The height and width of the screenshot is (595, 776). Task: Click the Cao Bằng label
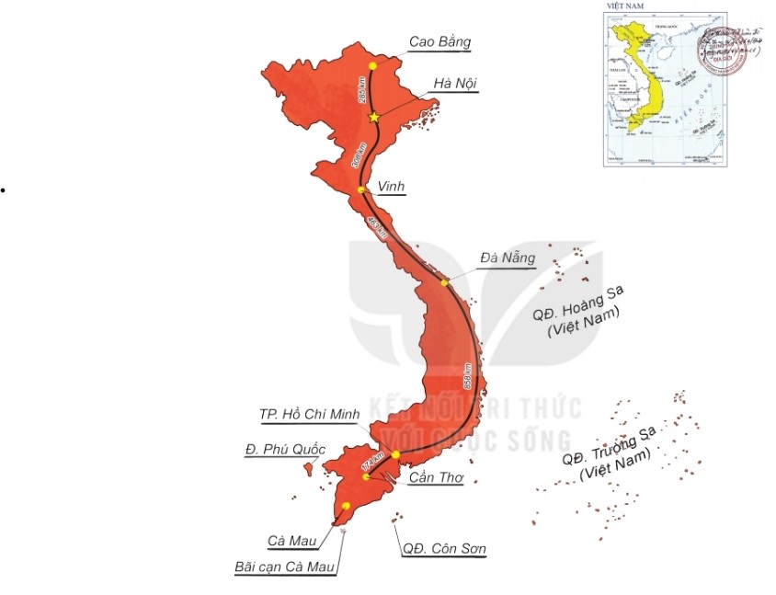click(439, 42)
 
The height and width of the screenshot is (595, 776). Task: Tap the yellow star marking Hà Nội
click(373, 118)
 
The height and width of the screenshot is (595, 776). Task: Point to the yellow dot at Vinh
click(361, 189)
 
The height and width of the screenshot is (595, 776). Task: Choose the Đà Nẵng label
click(507, 258)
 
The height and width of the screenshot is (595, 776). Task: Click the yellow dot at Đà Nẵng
click(445, 282)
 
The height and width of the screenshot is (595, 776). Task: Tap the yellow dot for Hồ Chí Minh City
click(395, 454)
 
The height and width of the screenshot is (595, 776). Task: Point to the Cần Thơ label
click(436, 479)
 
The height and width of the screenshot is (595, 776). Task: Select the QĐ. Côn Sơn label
click(444, 549)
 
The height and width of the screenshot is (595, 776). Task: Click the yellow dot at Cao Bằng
click(372, 66)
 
